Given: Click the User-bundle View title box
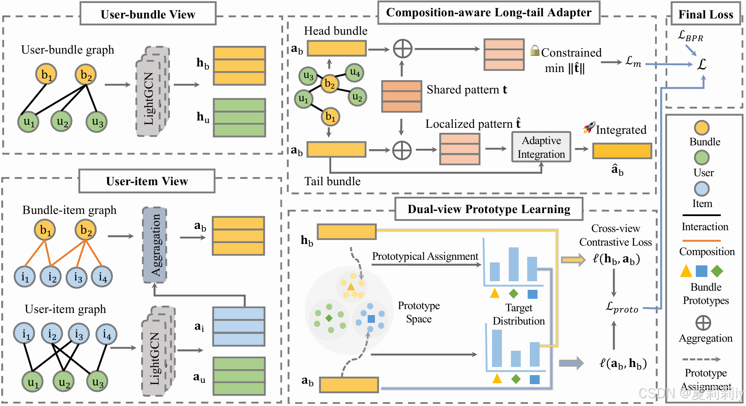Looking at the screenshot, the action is pyautogui.click(x=148, y=14).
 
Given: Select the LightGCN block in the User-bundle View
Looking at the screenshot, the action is pyautogui.click(x=153, y=91).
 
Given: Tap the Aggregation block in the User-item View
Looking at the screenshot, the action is pyautogui.click(x=155, y=245).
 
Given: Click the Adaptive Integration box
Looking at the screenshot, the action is pyautogui.click(x=541, y=147).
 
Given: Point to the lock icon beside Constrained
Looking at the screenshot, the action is pyautogui.click(x=535, y=51).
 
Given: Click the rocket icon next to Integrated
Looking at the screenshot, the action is pyautogui.click(x=589, y=127).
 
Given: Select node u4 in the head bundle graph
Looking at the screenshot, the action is pyautogui.click(x=355, y=72).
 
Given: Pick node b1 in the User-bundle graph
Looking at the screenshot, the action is pyautogui.click(x=46, y=75).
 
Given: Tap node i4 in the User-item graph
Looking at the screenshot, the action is pyautogui.click(x=106, y=334).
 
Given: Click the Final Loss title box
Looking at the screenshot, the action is pyautogui.click(x=706, y=14).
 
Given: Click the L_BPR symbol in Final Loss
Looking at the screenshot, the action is pyautogui.click(x=690, y=36).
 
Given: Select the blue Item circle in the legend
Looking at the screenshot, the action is pyautogui.click(x=702, y=189).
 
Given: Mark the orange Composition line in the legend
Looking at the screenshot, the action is pyautogui.click(x=701, y=241).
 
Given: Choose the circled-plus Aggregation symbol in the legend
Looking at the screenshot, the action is pyautogui.click(x=703, y=323).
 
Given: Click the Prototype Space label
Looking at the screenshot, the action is pyautogui.click(x=419, y=312).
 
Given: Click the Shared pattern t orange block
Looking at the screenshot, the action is pyautogui.click(x=402, y=96).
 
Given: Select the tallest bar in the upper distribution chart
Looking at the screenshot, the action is pyautogui.click(x=513, y=264).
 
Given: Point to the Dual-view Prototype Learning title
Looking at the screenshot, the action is pyautogui.click(x=489, y=209).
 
